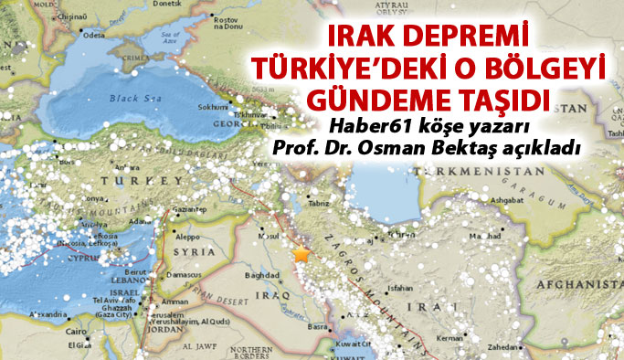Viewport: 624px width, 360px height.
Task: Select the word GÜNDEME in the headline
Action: tap(378, 97)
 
